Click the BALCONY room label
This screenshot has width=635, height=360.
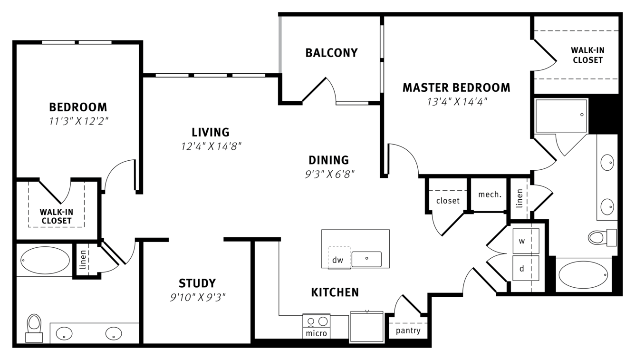point(331,53)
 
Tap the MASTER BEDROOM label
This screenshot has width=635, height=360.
point(456,88)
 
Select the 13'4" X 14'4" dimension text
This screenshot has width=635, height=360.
point(457,102)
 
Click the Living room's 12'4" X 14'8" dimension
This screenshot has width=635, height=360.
point(211,146)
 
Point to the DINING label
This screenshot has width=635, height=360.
point(329,160)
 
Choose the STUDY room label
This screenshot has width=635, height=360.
point(197,283)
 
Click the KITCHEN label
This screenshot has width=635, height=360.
point(335,292)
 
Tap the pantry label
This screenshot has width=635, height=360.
point(408,331)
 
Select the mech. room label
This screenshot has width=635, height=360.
point(490,195)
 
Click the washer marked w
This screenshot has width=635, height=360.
point(526,241)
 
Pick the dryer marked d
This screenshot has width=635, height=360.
point(526,268)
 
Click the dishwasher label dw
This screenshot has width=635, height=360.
point(337,260)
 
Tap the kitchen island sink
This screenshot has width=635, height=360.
point(366,259)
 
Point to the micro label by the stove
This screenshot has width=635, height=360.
point(317,333)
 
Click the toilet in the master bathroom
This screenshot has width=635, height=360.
point(602,237)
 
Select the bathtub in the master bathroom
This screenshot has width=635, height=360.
point(583,274)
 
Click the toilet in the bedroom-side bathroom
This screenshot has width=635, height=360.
point(34,328)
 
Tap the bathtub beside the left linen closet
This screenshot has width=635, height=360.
point(45,261)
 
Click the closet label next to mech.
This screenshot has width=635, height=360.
point(448,201)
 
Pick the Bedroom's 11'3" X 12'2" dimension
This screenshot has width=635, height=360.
point(79,121)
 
